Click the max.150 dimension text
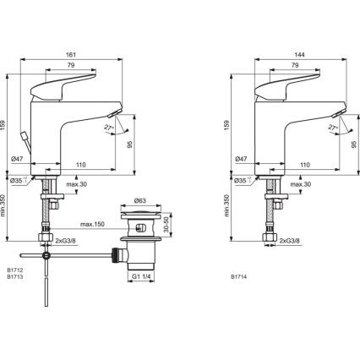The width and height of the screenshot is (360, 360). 93,225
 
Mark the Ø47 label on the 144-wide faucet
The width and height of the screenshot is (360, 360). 241,158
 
